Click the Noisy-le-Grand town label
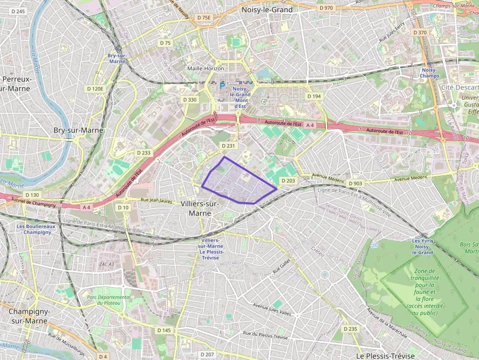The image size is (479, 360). (267, 10)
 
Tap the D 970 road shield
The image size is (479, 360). (326, 8)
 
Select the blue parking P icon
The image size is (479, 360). (222, 86)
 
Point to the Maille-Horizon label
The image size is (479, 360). (206, 68)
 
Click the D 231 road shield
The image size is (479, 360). (228, 146)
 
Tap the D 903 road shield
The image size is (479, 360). (356, 184)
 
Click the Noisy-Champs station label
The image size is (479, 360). (430, 73)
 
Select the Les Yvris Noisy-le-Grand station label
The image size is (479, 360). (422, 247)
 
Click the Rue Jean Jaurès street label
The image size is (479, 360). (156, 200)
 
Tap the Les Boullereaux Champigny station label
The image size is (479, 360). (36, 229)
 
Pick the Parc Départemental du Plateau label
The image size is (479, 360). (109, 300)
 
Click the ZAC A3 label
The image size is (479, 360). (106, 264)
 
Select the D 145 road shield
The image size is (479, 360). (164, 330)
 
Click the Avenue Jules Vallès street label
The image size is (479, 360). (272, 309)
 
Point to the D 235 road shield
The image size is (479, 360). (350, 329)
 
